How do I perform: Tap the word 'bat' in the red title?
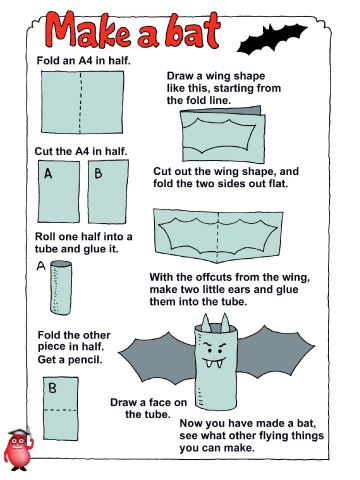[192, 30]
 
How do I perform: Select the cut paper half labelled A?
[59, 191]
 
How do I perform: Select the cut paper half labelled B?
[108, 191]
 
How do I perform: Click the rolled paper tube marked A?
[61, 287]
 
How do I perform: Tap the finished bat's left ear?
[206, 323]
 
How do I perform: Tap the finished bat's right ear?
[225, 323]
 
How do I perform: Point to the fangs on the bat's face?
[214, 362]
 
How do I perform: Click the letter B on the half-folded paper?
[52, 388]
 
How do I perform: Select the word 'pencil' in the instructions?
[84, 360]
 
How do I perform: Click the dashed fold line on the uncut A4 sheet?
[80, 102]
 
